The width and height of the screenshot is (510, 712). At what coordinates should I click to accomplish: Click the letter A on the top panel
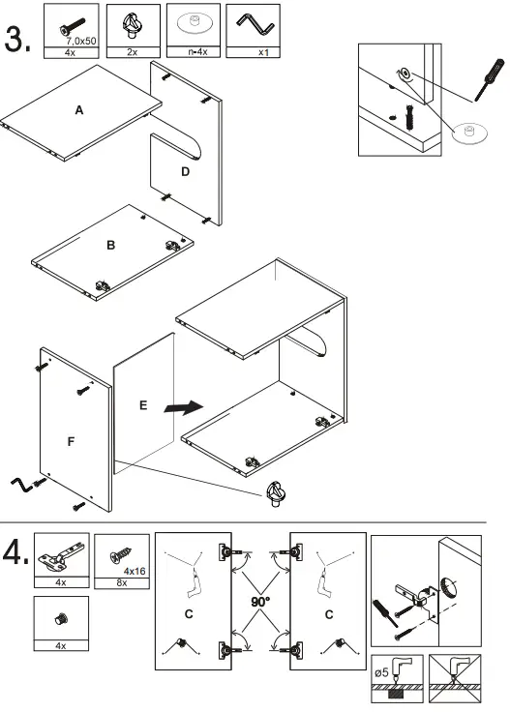79,111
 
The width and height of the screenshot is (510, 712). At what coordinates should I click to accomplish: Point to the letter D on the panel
184,172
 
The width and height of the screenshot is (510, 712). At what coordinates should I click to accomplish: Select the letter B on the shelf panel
110,246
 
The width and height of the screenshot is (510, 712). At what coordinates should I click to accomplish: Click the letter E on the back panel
142,405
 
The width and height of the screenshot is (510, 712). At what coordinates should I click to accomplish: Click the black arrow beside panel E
184,407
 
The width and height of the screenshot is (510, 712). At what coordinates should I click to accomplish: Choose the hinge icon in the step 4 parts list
61,556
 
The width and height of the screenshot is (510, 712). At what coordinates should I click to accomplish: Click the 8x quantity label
121,583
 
